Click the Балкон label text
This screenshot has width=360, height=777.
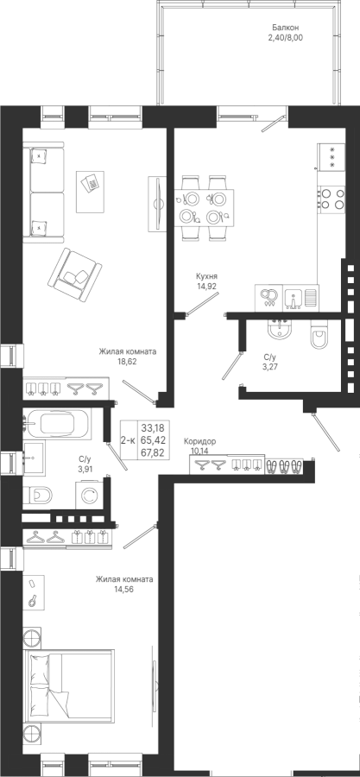pyautogui.click(x=285, y=28)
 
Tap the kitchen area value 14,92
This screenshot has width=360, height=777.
pyautogui.click(x=206, y=286)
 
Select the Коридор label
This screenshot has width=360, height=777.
pyautogui.click(x=199, y=441)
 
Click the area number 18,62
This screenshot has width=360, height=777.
pyautogui.click(x=127, y=361)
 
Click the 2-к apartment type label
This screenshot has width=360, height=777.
pyautogui.click(x=129, y=440)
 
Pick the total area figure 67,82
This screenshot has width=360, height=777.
pyautogui.click(x=154, y=452)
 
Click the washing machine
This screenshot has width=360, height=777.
pyautogui.click(x=89, y=495)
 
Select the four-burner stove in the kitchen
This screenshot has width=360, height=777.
pyautogui.click(x=332, y=199)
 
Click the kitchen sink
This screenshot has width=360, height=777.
pyautogui.click(x=294, y=298)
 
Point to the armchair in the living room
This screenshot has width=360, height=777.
pyautogui.click(x=74, y=275)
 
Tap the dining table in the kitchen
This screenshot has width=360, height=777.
pyautogui.click(x=204, y=207)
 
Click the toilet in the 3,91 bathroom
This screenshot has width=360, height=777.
pyautogui.click(x=38, y=494)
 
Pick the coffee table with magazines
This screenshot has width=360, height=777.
pyautogui.click(x=90, y=192)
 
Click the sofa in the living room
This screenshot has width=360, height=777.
pyautogui.click(x=43, y=192)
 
